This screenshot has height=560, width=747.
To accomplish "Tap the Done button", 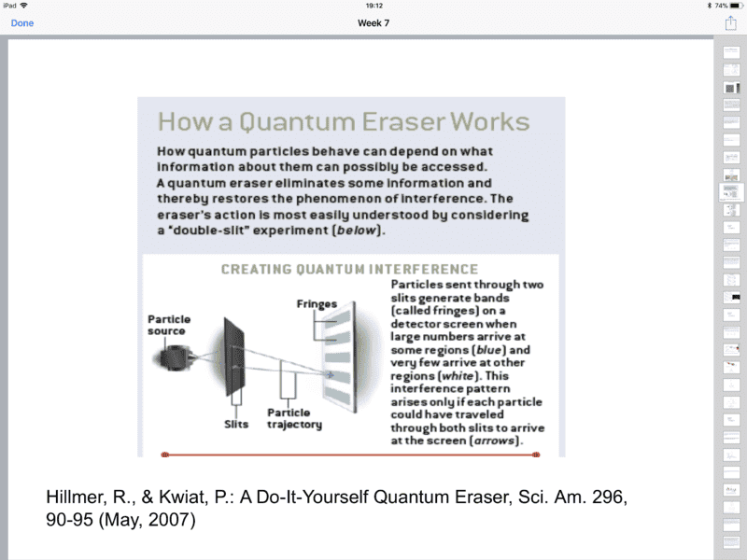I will pos(21,23).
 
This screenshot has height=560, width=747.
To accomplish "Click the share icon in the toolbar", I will pos(731,23).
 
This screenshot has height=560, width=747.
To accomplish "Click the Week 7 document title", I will pos(373,23).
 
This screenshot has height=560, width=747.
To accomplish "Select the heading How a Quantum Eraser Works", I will pos(343,122).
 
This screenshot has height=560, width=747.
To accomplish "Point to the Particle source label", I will pos(168,325).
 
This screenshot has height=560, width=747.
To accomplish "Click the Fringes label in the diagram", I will pos(317,304).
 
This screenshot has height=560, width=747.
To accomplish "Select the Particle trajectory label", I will pos(294,418).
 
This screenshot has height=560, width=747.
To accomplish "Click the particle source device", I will pos(172,356).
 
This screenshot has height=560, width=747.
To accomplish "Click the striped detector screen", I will pos(339,358).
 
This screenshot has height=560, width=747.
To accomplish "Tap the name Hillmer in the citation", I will pos(76,497).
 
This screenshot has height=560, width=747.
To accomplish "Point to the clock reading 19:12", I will pos(373,6).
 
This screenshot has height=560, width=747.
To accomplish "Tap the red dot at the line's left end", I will pos(165,455).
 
